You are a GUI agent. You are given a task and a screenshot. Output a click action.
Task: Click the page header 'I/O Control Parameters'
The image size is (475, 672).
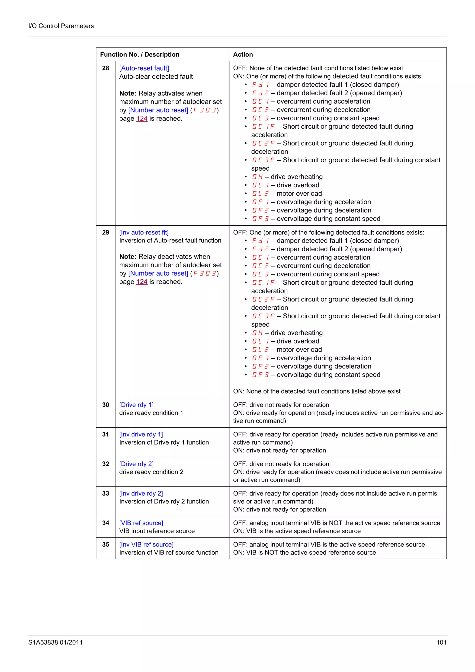(61, 26)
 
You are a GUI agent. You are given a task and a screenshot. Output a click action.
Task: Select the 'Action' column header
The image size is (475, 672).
(243, 54)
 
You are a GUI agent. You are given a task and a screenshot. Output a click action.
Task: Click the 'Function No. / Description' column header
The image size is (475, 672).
(140, 54)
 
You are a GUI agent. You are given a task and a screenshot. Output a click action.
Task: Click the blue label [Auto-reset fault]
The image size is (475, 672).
(144, 68)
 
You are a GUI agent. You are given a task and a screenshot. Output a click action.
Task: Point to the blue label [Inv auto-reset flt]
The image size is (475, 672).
(144, 232)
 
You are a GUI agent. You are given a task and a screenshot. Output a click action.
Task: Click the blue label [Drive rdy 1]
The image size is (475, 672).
(136, 405)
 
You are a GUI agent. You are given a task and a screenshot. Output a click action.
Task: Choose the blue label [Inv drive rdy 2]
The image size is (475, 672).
(141, 493)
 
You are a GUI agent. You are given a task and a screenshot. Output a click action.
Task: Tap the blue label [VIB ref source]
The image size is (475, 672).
(141, 523)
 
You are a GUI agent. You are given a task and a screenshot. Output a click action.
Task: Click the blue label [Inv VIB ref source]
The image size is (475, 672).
(146, 544)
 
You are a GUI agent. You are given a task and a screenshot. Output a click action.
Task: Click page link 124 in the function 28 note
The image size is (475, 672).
(142, 118)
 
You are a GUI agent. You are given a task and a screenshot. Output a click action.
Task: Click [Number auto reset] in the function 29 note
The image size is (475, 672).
(158, 273)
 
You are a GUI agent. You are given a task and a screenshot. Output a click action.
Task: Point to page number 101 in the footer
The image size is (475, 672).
(441, 643)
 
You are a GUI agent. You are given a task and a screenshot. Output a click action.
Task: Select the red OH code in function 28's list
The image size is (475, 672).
(257, 177)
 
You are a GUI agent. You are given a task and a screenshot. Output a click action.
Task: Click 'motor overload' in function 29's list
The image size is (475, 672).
(299, 349)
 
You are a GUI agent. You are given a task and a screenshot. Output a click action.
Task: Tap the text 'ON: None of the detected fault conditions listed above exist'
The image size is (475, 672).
(317, 391)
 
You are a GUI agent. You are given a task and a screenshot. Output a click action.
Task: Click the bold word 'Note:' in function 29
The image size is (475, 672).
(128, 257)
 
